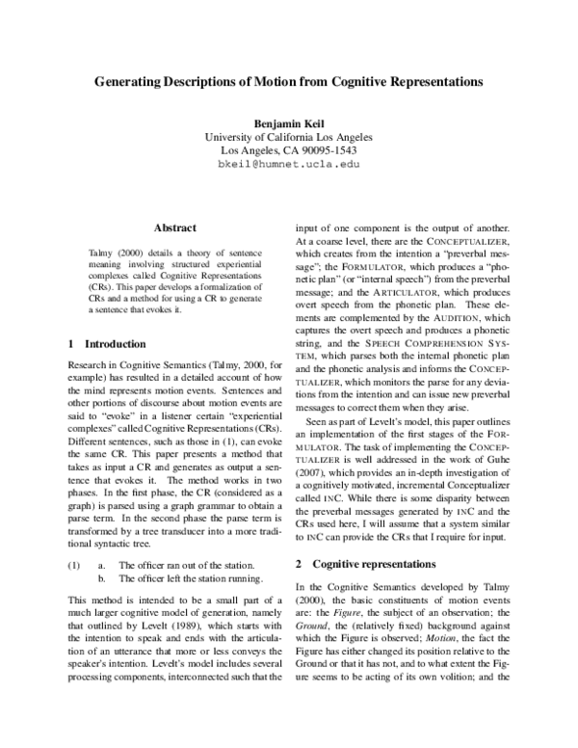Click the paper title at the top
click(289, 84)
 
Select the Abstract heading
click(175, 227)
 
